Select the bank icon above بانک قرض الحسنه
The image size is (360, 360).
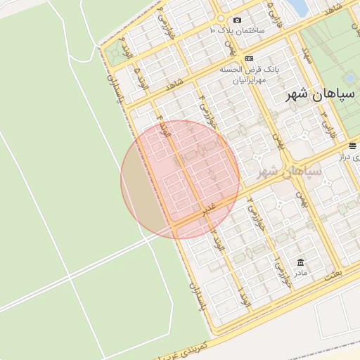[248, 58]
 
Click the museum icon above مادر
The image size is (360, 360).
[300, 260]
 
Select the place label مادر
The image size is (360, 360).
[300, 271]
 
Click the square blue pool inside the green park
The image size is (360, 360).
[349, 78]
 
